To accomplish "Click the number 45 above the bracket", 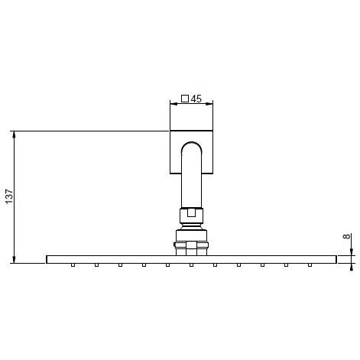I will pyautogui.click(x=196, y=99).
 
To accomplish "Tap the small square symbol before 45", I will pyautogui.click(x=184, y=99).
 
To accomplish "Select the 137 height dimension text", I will pyautogui.click(x=9, y=197).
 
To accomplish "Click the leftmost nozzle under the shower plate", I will pyautogui.click(x=73, y=265).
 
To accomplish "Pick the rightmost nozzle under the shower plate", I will pyautogui.click(x=310, y=265).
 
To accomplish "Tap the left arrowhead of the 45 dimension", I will pyautogui.click(x=171, y=105).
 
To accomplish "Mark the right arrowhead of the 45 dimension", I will pyautogui.click(x=210, y=105).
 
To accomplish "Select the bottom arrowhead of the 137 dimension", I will pyautogui.click(x=15, y=260).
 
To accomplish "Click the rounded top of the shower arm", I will pyautogui.click(x=191, y=144).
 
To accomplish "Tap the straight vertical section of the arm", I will pyautogui.click(x=191, y=183).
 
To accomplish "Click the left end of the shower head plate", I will pyautogui.click(x=49, y=260).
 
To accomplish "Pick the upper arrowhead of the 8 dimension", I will pyautogui.click(x=352, y=252).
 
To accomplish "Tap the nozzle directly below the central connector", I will pyautogui.click(x=191, y=265).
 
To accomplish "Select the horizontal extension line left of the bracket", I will pyautogui.click(x=92, y=131).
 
